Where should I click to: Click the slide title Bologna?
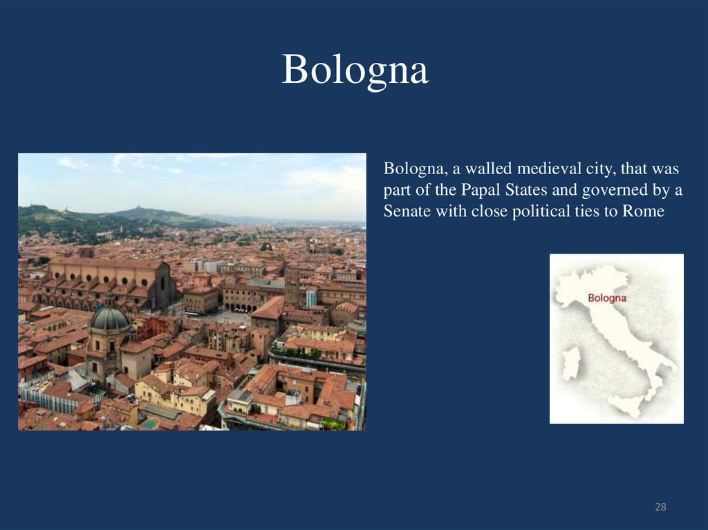pos(355,70)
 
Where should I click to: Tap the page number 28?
pos(660,508)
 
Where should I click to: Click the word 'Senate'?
pos(406,212)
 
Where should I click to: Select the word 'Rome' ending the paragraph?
pos(643,212)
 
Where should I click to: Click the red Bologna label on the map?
pos(606,299)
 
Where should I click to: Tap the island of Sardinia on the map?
pos(570,363)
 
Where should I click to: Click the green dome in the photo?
pos(109,318)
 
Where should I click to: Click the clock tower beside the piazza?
pos(292,283)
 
